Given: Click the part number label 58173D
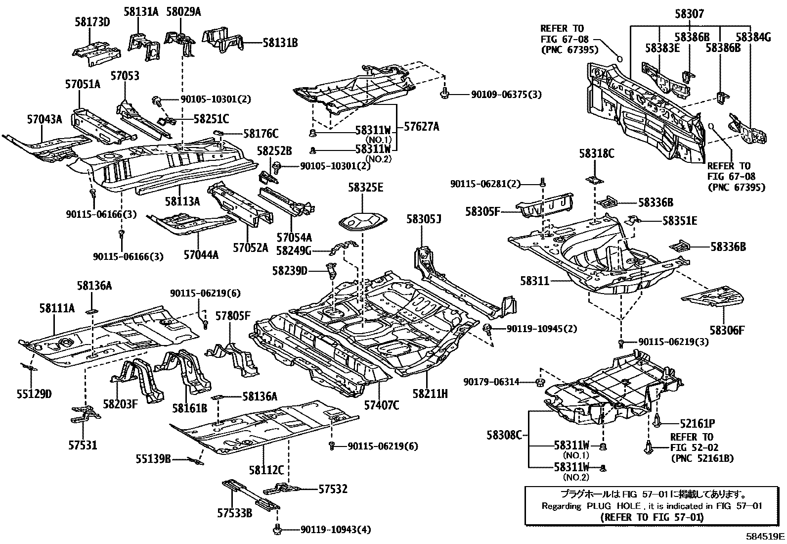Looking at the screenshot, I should click(x=92, y=22).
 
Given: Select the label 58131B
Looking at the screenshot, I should click(x=280, y=43).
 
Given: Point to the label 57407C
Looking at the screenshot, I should click(x=382, y=405).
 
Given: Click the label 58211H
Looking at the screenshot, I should click(x=430, y=394).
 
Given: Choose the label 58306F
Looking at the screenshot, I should click(x=727, y=330).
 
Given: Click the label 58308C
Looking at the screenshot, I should click(x=504, y=435).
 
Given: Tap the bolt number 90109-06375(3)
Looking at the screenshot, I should click(x=499, y=94).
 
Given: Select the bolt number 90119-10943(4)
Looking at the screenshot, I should click(x=335, y=530).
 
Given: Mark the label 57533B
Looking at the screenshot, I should click(x=235, y=513).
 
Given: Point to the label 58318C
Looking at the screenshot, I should click(x=597, y=154).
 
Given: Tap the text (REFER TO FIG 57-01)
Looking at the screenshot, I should click(x=652, y=517).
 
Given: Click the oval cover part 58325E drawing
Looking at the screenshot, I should click(x=361, y=221).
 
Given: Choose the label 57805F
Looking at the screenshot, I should click(x=233, y=315).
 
